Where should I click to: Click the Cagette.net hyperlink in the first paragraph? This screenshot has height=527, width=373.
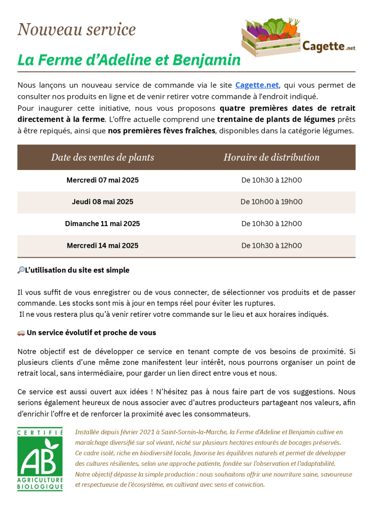[257, 85]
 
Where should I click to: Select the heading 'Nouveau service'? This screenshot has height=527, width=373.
[77, 29]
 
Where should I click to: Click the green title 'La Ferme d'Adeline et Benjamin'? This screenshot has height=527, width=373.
[129, 60]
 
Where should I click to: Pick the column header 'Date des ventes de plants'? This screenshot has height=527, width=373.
[103, 157]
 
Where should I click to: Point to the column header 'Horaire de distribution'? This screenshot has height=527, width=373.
[272, 157]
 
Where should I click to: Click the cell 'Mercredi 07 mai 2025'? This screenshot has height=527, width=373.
[103, 180]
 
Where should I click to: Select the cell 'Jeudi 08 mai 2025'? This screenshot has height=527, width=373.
[103, 202]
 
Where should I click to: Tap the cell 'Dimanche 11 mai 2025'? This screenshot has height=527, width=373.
[103, 224]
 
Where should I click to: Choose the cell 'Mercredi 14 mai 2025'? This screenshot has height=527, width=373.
[103, 246]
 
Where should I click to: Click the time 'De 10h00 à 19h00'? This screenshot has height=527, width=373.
[272, 202]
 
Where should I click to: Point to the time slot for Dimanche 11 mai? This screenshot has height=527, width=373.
[272, 224]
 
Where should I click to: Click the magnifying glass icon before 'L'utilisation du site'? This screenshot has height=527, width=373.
[21, 270]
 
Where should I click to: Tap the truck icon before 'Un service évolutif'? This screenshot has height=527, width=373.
[21, 333]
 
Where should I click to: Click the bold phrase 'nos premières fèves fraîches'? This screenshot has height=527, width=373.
[161, 130]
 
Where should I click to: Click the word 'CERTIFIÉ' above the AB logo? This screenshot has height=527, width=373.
[40, 432]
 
